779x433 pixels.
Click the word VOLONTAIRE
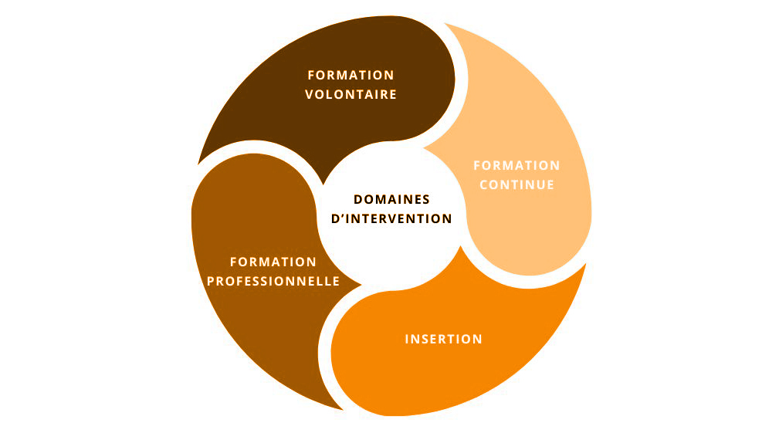(351, 95)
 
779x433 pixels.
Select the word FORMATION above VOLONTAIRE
(351, 75)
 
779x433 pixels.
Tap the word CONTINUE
(517, 185)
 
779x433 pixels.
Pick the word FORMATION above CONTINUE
(517, 165)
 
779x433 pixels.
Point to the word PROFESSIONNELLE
(273, 282)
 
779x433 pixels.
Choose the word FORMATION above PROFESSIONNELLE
(273, 262)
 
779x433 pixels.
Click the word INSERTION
(444, 340)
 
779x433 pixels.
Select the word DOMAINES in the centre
(391, 199)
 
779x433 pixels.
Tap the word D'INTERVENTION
(391, 218)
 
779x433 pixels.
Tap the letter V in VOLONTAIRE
(310, 95)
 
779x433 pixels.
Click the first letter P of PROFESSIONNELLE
(211, 282)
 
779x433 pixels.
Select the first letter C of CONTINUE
(484, 185)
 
